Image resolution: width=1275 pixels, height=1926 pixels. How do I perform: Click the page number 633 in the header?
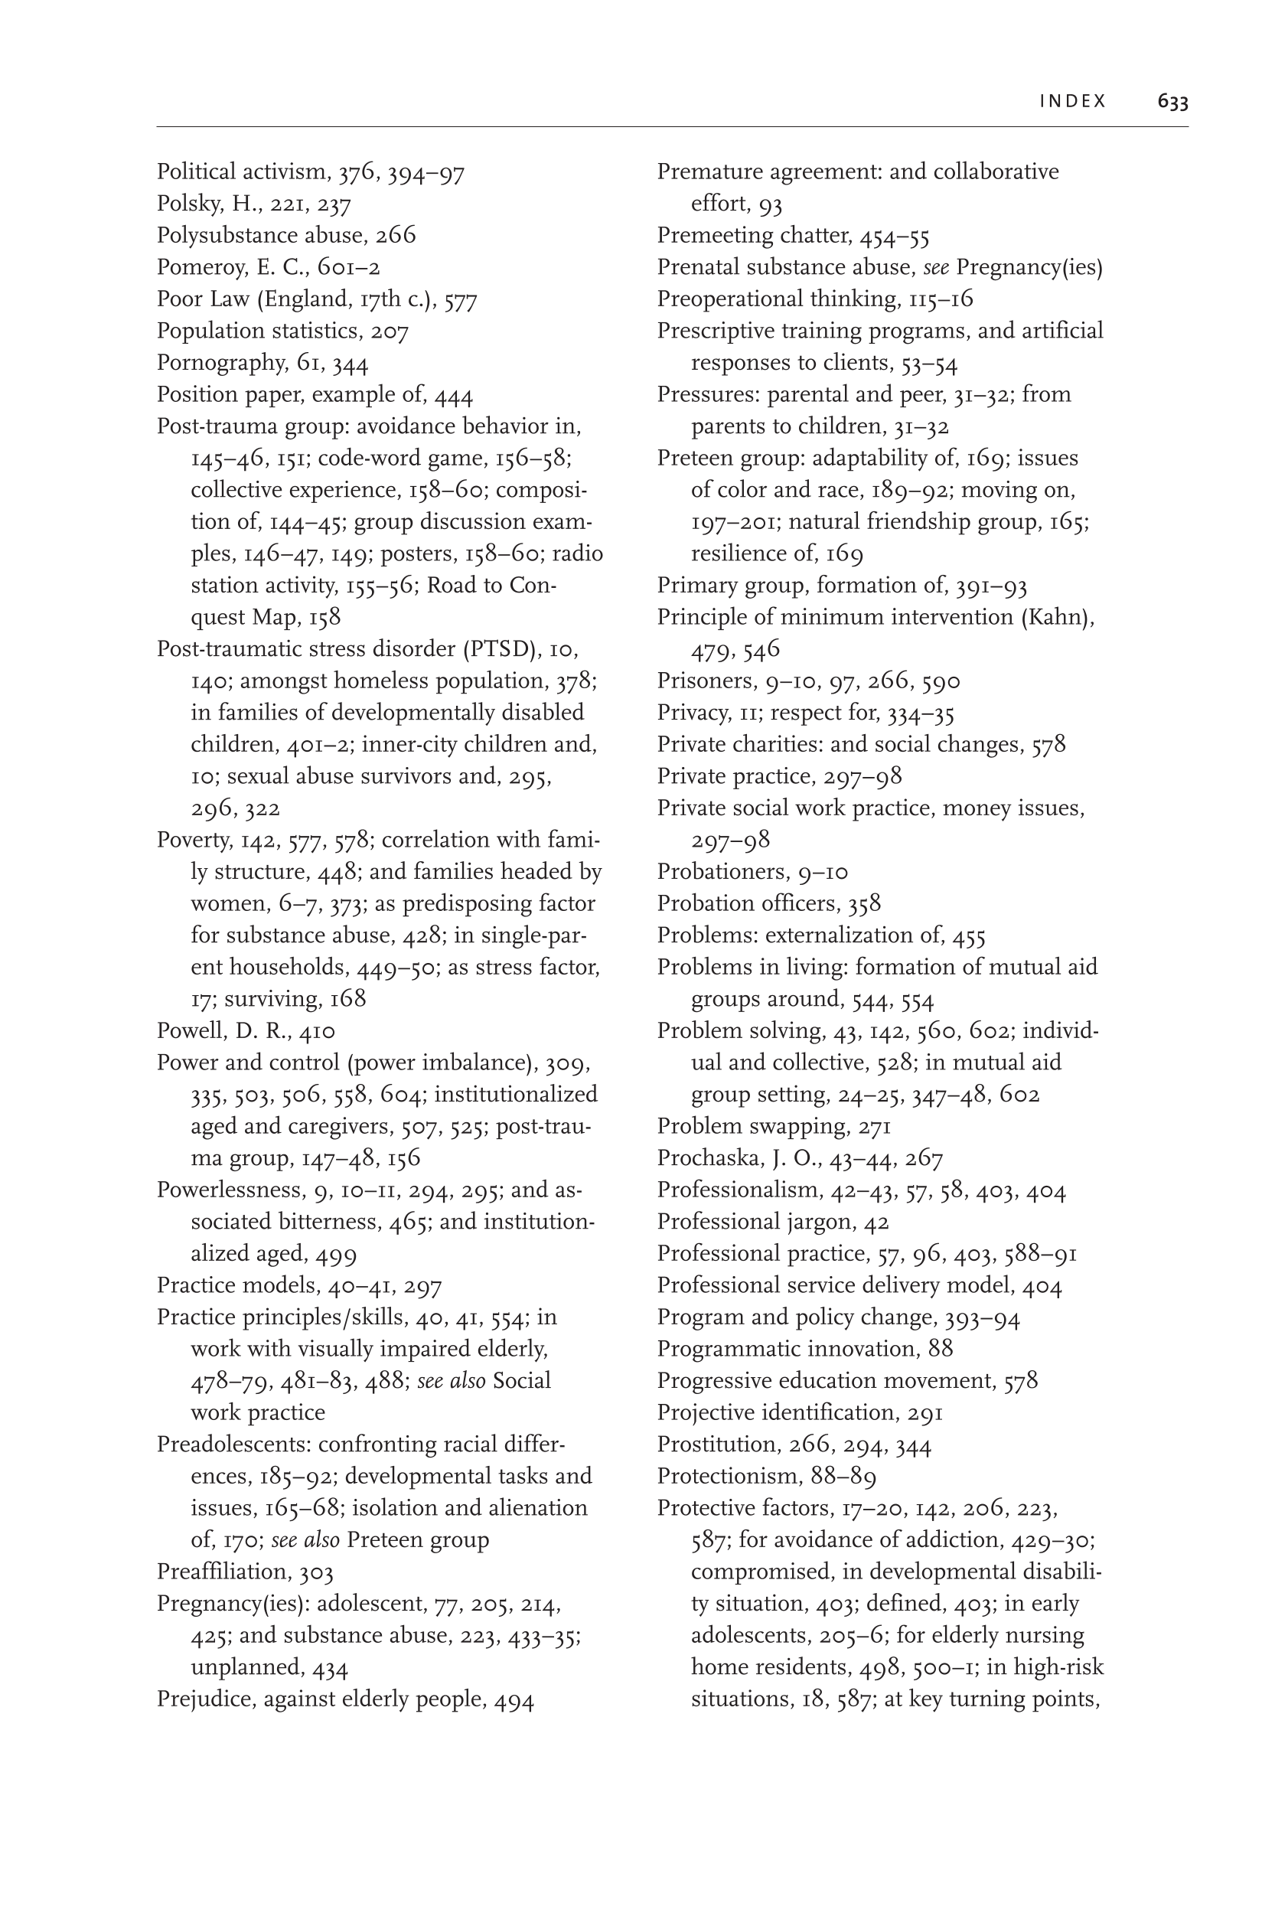click(1172, 102)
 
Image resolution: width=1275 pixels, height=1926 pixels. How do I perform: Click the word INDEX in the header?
click(1072, 102)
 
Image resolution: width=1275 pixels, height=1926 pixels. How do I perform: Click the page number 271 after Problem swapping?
click(875, 1127)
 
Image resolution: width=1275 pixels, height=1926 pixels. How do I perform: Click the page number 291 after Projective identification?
click(924, 1413)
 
